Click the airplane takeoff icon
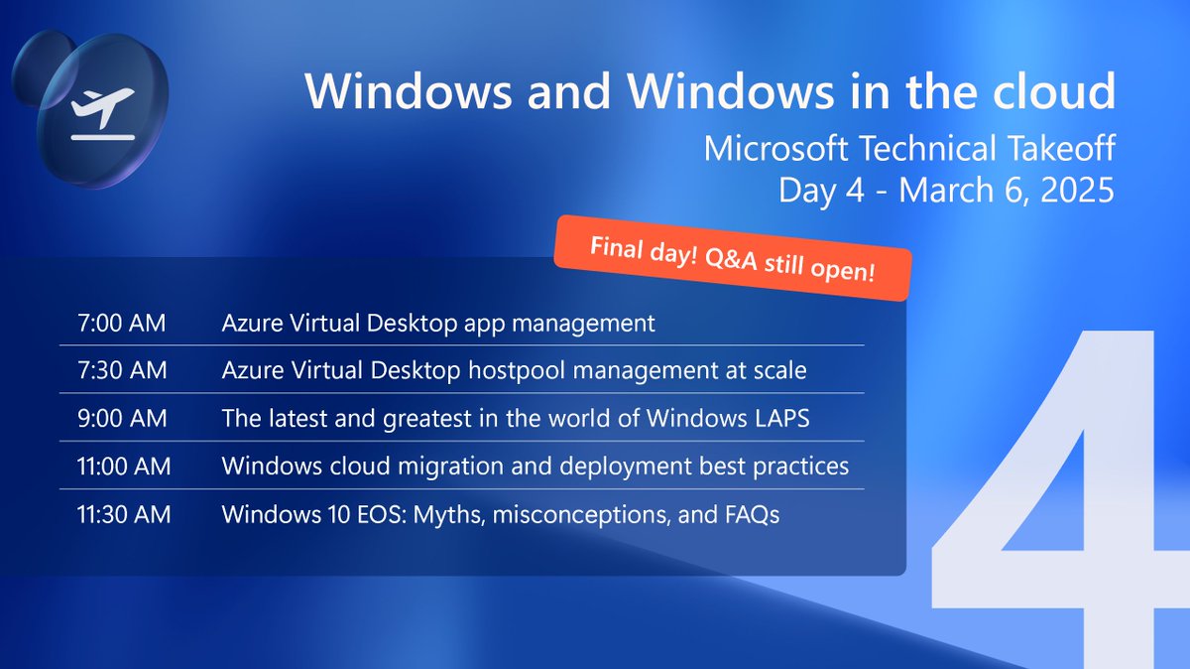pos(103,111)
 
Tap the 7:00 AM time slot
pos(121,323)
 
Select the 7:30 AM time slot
pos(121,370)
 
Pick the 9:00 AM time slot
pos(121,418)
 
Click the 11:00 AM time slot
pos(123,466)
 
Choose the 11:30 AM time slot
pos(123,514)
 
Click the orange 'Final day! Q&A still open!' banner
pos(733,258)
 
